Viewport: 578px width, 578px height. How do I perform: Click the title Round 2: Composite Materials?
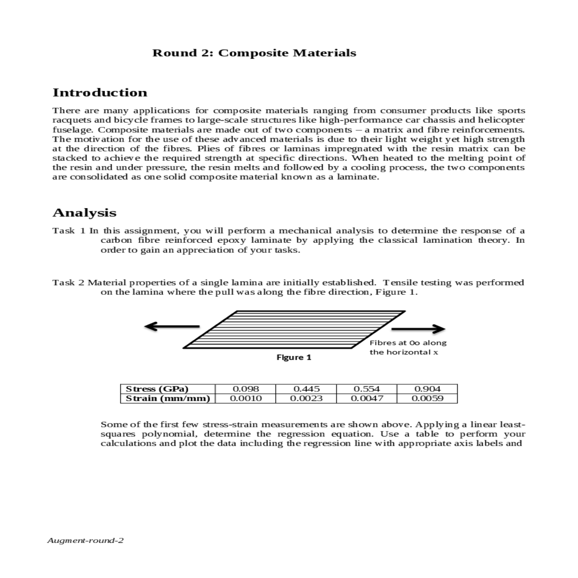254,53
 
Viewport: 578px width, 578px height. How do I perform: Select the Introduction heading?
100,92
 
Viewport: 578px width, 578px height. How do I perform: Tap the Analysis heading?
84,212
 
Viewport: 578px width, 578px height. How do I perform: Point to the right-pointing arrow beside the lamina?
418,329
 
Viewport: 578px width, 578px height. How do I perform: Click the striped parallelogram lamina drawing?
294,329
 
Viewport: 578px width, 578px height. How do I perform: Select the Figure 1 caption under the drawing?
293,357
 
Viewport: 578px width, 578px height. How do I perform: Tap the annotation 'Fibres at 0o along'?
408,343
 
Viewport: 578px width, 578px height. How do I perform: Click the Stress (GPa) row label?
157,389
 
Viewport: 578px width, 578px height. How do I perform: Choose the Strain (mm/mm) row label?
168,398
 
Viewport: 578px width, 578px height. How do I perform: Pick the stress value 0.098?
246,389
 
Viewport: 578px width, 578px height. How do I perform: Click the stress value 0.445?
306,389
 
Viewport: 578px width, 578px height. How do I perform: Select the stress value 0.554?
367,389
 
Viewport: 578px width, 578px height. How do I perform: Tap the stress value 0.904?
427,389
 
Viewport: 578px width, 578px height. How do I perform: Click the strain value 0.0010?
246,398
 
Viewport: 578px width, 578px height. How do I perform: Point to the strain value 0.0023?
306,398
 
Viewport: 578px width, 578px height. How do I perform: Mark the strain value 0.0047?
367,398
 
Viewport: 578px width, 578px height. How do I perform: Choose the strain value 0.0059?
427,398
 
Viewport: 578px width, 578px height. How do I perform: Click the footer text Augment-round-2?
85,540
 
